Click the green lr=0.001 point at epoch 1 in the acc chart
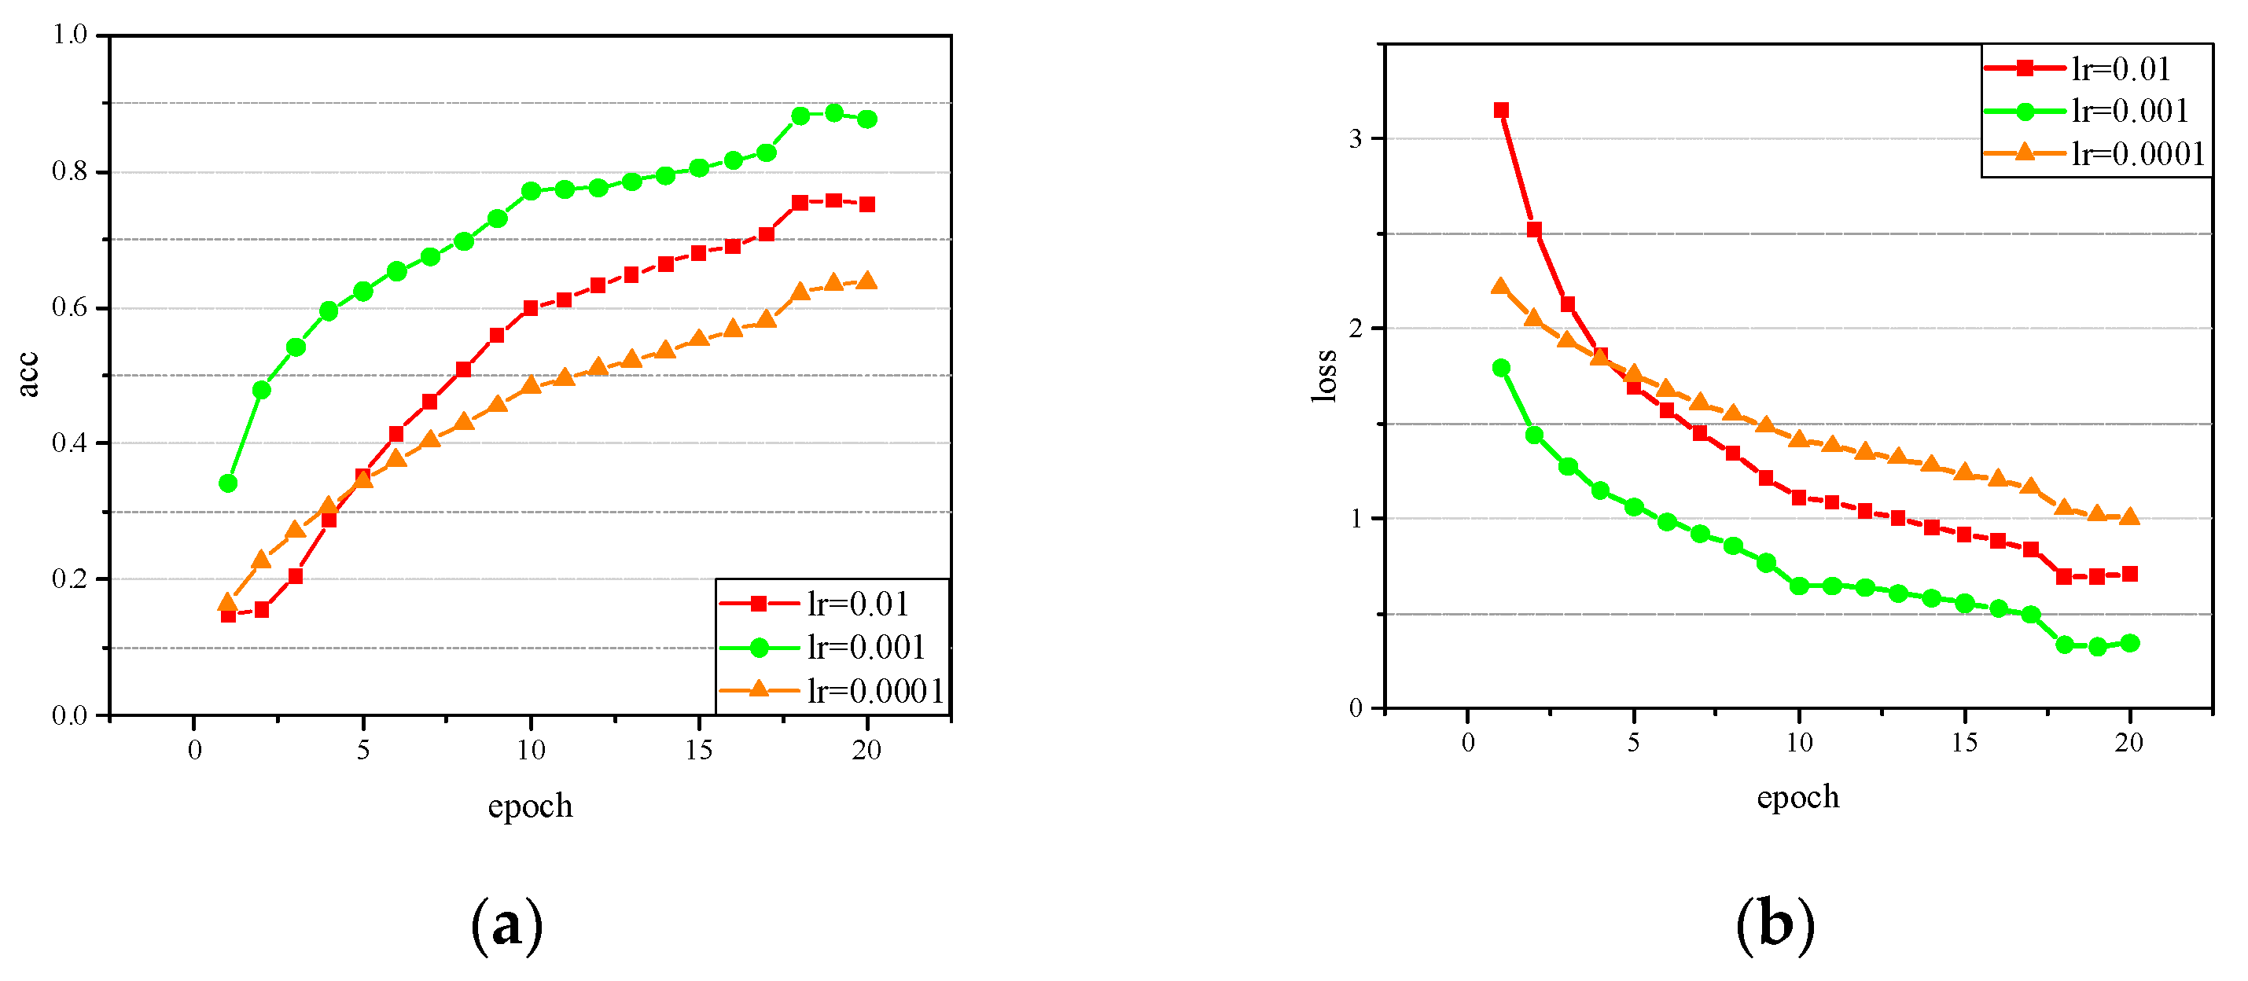pyautogui.click(x=228, y=483)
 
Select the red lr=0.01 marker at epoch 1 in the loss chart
pyautogui.click(x=1501, y=110)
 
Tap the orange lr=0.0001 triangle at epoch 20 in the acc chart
pyautogui.click(x=866, y=280)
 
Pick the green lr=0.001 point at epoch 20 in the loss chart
pyautogui.click(x=2129, y=643)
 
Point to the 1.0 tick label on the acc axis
pyautogui.click(x=70, y=35)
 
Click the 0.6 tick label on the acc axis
pyautogui.click(x=70, y=307)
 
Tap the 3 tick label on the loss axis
pyautogui.click(x=1356, y=139)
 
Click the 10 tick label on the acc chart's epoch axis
pyautogui.click(x=530, y=750)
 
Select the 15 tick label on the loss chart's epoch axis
pyautogui.click(x=1963, y=743)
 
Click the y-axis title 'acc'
pyautogui.click(x=29, y=374)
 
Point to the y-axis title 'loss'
pyautogui.click(x=1324, y=375)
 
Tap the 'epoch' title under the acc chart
pyautogui.click(x=530, y=806)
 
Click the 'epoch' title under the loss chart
pyautogui.click(x=1797, y=798)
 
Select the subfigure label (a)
pyautogui.click(x=506, y=925)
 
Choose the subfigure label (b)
pyautogui.click(x=1775, y=924)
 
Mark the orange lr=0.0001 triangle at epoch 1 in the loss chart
pyautogui.click(x=1501, y=286)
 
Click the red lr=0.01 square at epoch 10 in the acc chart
pyautogui.click(x=531, y=307)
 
